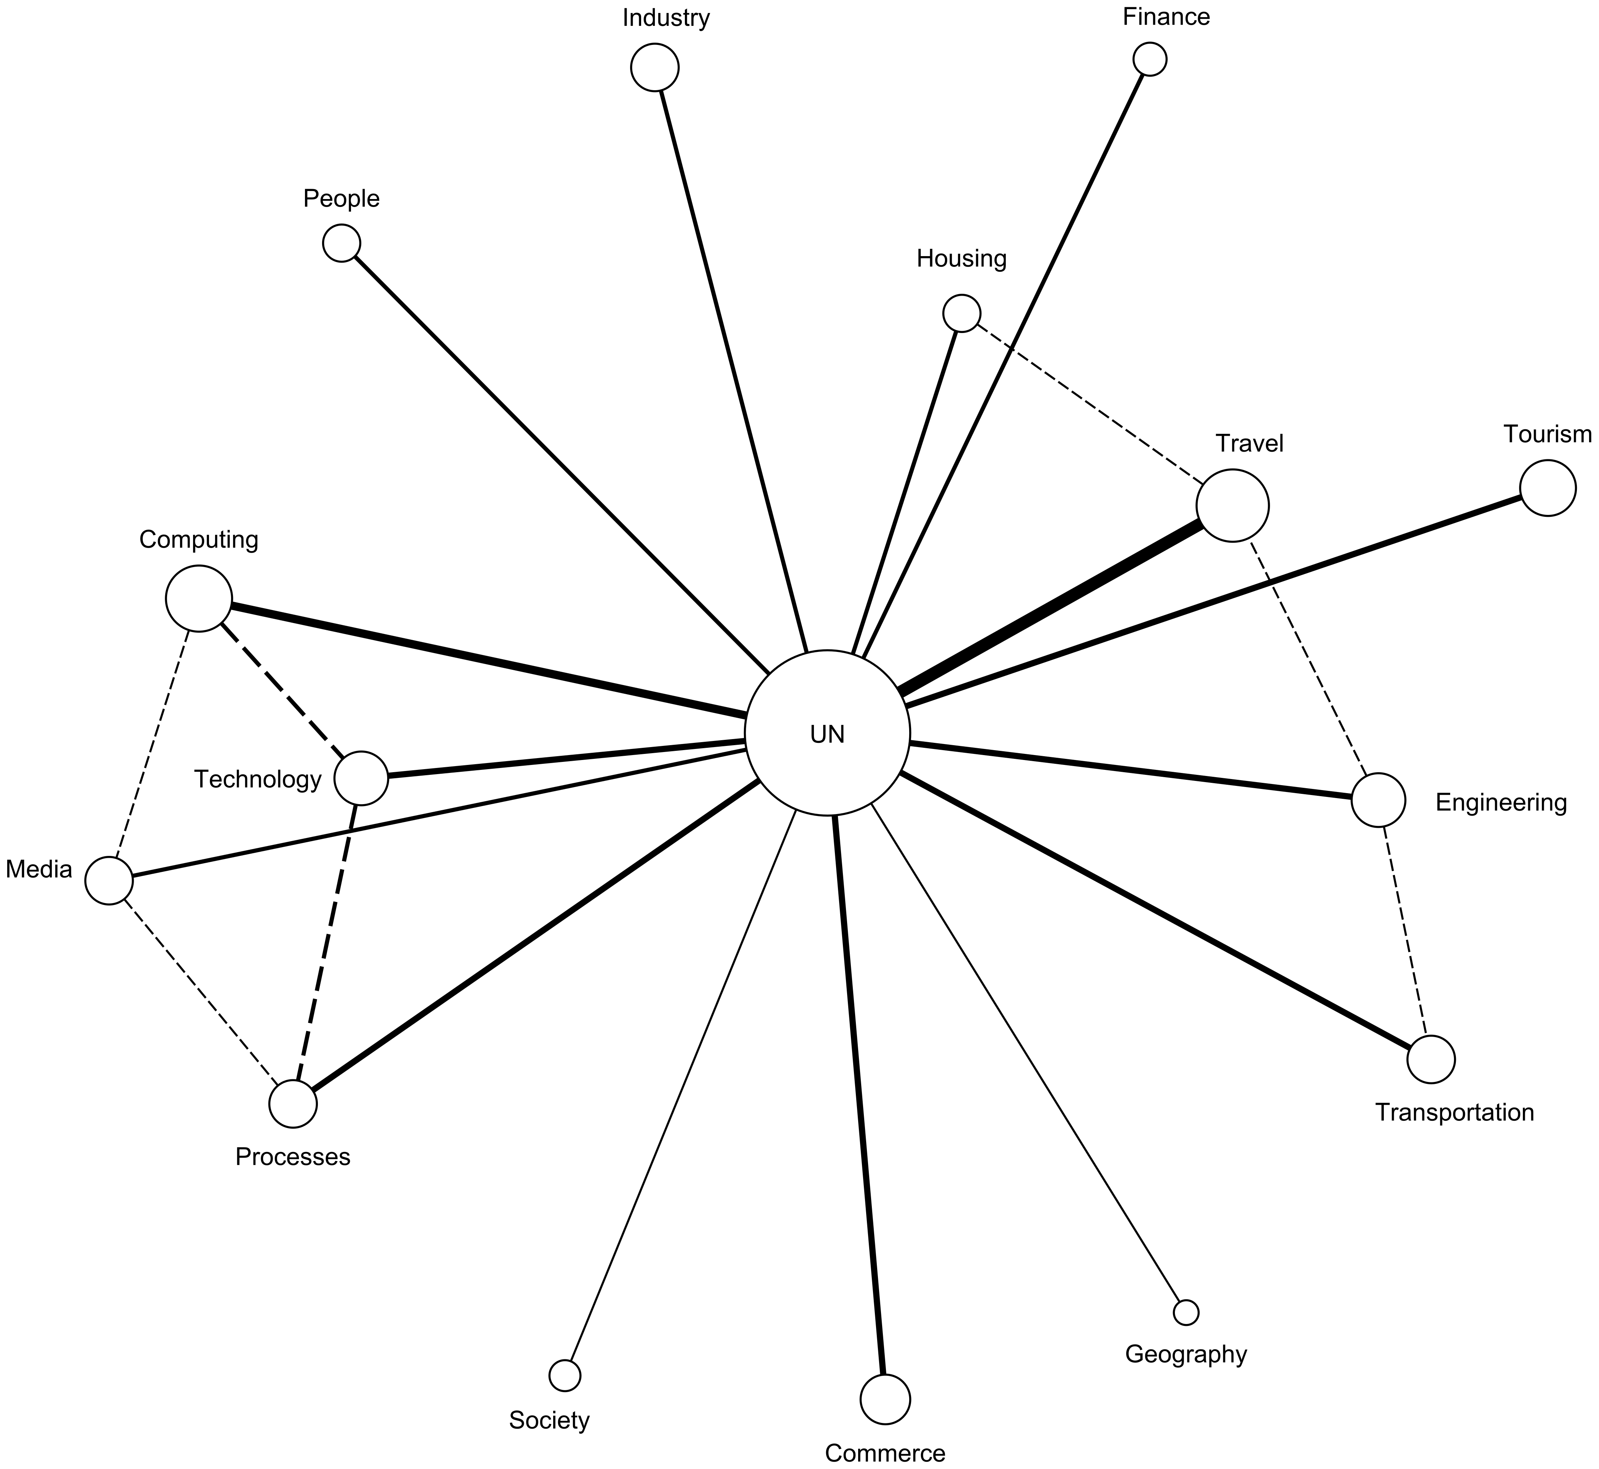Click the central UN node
tap(827, 733)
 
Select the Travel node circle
tap(1232, 505)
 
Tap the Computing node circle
tap(199, 599)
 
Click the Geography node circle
tap(1186, 1313)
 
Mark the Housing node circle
tap(961, 313)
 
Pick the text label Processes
tap(293, 1157)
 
